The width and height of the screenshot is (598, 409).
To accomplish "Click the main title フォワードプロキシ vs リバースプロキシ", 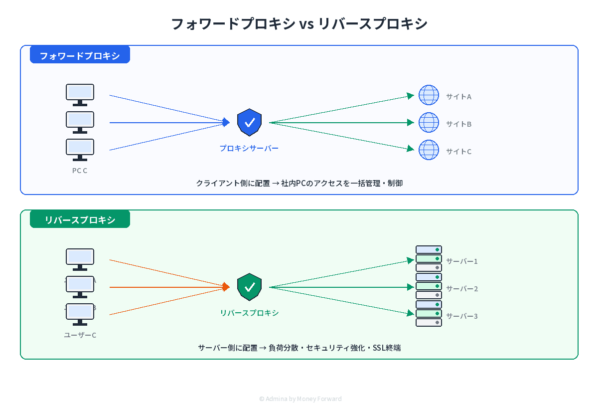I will [299, 23].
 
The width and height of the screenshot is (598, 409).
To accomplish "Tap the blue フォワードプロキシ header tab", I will [80, 55].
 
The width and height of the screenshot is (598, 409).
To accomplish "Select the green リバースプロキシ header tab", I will [80, 219].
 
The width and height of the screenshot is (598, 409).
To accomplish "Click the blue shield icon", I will [250, 122].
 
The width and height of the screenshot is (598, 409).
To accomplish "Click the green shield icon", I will [250, 287].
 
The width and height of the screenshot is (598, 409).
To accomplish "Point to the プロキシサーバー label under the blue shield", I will [249, 148].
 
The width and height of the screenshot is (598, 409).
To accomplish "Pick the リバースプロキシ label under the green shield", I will [249, 313].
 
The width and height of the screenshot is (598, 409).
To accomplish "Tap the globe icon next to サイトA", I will [429, 95].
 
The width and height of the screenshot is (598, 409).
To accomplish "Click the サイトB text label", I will [458, 124].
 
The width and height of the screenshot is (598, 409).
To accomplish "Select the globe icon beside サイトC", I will [429, 150].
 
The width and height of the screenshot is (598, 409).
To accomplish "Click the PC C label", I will [80, 171].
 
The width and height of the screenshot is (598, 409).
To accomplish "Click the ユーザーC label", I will [80, 335].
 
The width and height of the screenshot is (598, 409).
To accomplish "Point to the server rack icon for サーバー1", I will [429, 258].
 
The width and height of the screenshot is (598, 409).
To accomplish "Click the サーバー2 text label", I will [461, 289].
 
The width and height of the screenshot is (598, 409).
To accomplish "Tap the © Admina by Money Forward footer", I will [300, 399].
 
